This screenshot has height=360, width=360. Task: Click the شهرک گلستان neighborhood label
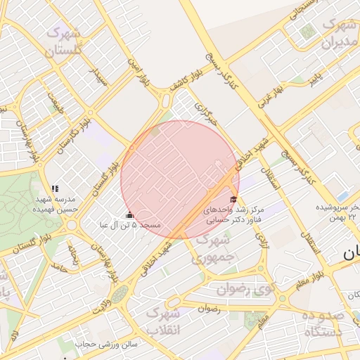click(x=62, y=41)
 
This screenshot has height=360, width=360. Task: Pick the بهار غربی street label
click(x=269, y=95)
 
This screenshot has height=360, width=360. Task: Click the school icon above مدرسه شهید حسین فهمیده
click(x=55, y=188)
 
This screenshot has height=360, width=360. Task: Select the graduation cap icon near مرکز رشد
click(x=234, y=200)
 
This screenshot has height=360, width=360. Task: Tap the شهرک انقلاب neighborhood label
click(x=164, y=321)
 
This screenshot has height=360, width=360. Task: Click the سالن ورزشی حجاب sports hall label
click(x=105, y=344)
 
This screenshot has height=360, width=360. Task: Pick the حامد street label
click(x=58, y=269)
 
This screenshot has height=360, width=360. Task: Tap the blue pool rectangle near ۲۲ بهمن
click(x=342, y=195)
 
